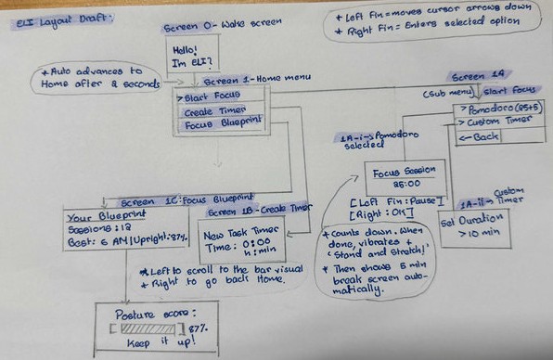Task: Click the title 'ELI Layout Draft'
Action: (50, 19)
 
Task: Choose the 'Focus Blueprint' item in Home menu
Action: (222, 122)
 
